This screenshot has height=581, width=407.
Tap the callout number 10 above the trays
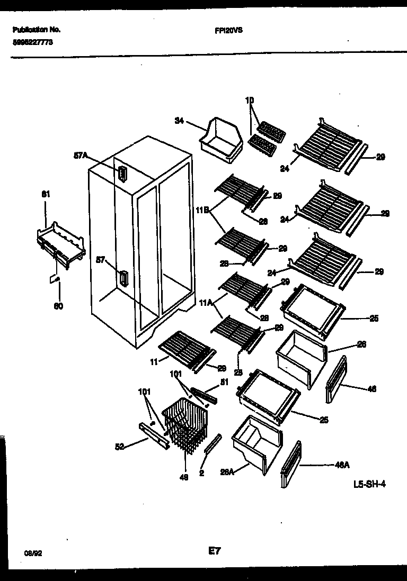[x=250, y=100]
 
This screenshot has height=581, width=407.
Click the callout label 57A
[x=80, y=156]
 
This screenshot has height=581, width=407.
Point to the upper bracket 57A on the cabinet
[x=122, y=173]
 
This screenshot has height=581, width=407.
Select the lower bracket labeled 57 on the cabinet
[x=123, y=278]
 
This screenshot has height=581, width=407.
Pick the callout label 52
[x=120, y=447]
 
